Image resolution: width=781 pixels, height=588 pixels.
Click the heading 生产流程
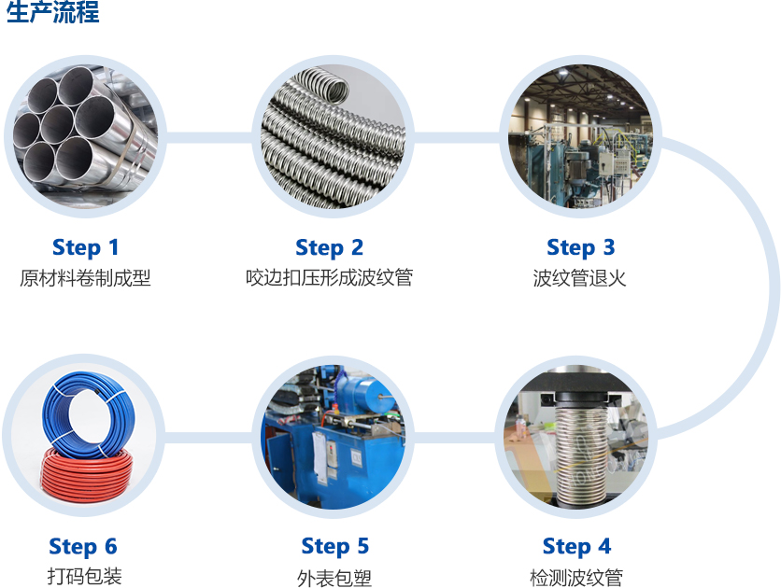point(53,11)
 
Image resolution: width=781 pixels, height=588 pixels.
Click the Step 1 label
point(86,247)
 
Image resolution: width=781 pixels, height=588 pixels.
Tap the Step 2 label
point(329,247)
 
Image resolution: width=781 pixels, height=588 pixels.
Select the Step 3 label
point(581,247)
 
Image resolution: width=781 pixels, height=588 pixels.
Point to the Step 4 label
point(576,546)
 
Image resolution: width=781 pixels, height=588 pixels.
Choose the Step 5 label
point(335,546)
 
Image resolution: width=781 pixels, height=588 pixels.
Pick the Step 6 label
point(83,546)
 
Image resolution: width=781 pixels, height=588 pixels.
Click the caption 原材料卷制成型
point(85,277)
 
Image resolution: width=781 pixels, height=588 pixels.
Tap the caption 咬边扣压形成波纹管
point(329,277)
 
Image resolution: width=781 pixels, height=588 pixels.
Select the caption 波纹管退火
point(579,277)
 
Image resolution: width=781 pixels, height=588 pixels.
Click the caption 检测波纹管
point(576,578)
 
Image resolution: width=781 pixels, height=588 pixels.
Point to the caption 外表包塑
point(334,578)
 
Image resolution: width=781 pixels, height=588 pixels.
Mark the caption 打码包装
point(85,576)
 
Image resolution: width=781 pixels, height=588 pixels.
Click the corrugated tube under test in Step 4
point(580,453)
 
